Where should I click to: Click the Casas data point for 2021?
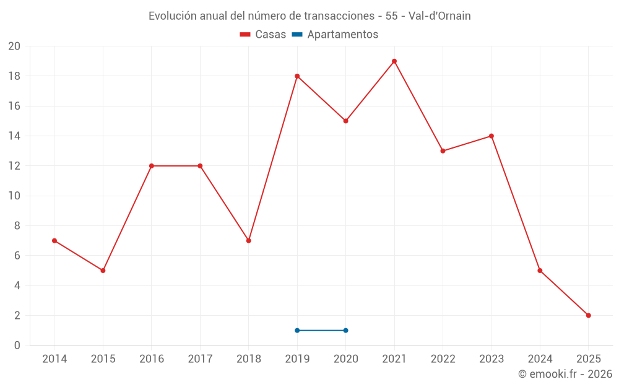394,61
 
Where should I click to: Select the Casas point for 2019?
297,76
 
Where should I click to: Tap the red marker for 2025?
589,315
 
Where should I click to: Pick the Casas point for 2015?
103,271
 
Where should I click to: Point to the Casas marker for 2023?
491,136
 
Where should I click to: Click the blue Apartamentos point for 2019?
297,330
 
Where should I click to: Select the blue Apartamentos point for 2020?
345,330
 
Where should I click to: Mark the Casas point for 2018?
248,240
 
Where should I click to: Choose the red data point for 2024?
540,271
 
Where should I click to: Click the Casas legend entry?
263,35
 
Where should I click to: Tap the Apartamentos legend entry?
335,35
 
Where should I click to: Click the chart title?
309,16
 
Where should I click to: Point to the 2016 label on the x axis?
152,359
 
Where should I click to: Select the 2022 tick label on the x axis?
443,359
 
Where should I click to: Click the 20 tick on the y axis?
14,46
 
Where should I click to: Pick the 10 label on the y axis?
14,196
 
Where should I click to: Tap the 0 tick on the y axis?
17,345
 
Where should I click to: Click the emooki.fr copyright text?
565,374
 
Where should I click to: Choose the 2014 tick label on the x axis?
54,359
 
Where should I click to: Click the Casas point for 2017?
200,166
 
